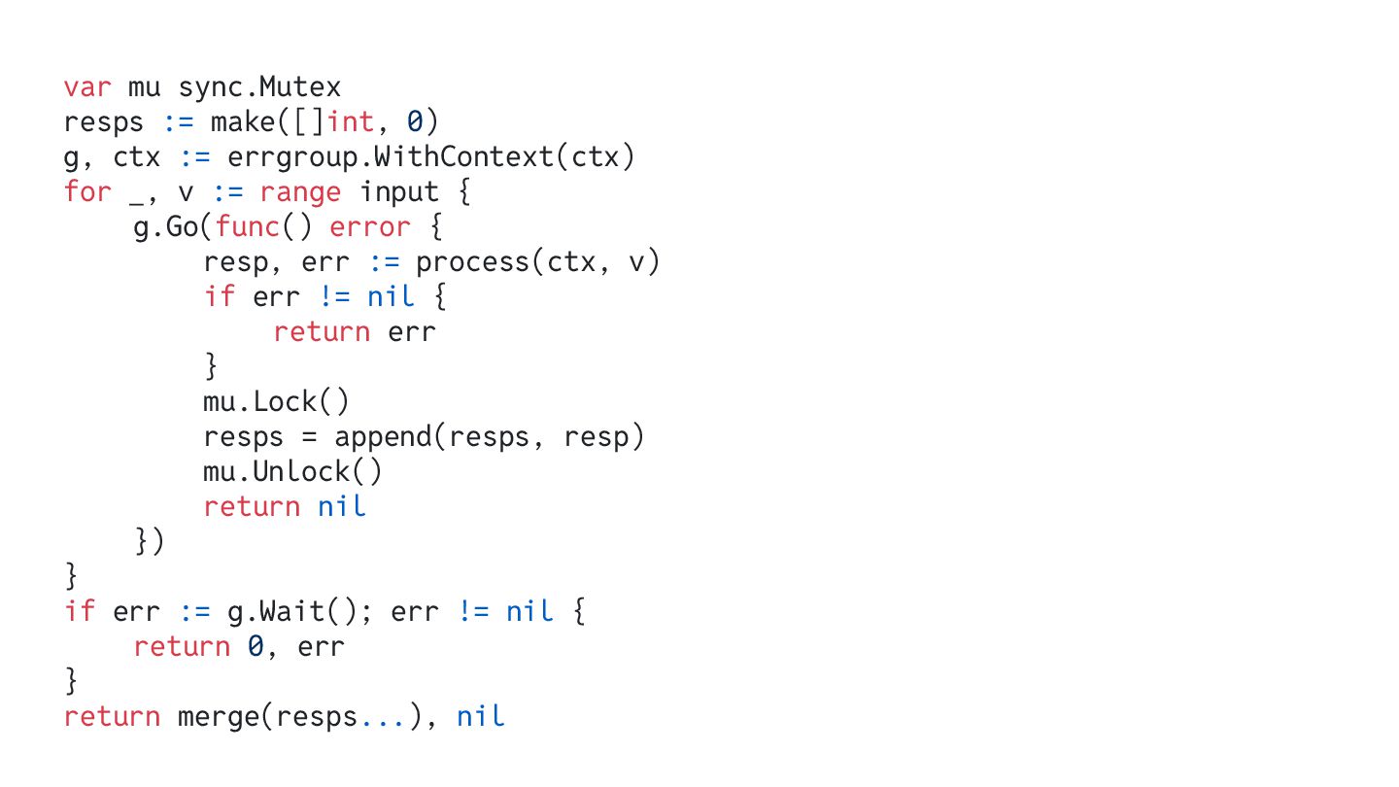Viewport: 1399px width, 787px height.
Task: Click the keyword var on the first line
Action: (87, 87)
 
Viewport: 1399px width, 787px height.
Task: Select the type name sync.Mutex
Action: (259, 87)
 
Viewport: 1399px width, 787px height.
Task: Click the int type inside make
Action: (351, 122)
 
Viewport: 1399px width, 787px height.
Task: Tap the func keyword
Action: (249, 227)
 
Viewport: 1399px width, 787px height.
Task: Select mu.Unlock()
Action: (292, 472)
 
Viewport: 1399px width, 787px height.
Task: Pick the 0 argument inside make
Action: (415, 122)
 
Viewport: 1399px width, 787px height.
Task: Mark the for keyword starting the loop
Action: (87, 192)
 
